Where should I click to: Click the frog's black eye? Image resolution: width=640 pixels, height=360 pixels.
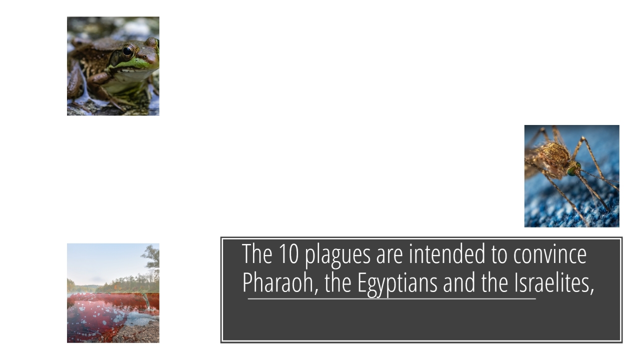tap(127, 51)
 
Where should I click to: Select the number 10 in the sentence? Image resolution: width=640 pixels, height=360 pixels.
tap(288, 253)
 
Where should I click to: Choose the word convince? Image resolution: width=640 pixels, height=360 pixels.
tap(550, 253)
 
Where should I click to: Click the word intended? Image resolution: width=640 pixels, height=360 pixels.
tap(447, 253)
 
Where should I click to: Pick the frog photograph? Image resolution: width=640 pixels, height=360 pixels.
tap(113, 66)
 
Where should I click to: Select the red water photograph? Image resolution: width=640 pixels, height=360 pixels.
tap(113, 293)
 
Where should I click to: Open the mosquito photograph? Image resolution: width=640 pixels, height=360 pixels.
tap(572, 176)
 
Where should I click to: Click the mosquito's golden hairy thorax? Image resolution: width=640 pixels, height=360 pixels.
tap(555, 154)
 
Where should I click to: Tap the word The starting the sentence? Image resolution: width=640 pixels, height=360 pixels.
tap(257, 253)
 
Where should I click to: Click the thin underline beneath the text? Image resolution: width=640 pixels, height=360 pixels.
tap(391, 299)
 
